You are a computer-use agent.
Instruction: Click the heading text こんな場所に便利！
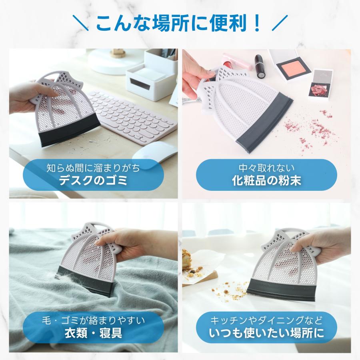tap(180, 23)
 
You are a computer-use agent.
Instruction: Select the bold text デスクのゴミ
tap(93, 180)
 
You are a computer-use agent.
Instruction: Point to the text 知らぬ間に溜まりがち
tap(93, 168)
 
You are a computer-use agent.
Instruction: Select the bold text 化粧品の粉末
tap(266, 180)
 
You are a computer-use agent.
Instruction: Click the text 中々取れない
tap(266, 168)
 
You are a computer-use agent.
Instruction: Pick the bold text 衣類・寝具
tap(93, 333)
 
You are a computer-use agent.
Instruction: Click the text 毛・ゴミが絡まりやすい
tap(93, 320)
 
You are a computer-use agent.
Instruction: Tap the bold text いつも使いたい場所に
tap(266, 333)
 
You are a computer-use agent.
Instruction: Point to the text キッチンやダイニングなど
tap(266, 320)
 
